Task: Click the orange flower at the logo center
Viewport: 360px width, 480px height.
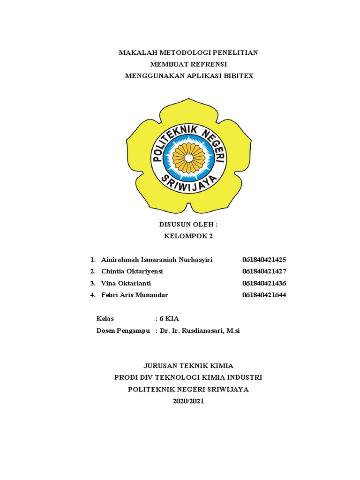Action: pos(188,157)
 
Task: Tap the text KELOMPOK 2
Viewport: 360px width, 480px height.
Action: pos(188,236)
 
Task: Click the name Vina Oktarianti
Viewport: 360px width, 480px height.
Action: pos(126,283)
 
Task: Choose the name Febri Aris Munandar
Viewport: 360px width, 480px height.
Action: pos(135,295)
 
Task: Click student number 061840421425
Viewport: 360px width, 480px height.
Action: pos(264,260)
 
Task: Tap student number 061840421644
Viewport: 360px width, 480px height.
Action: pos(264,295)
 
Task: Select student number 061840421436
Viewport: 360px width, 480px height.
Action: pos(264,283)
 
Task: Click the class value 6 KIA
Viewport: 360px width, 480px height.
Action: pos(170,319)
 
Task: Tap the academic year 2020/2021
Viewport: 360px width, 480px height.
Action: pos(188,401)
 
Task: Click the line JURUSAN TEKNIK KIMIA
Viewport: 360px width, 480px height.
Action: pos(188,366)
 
